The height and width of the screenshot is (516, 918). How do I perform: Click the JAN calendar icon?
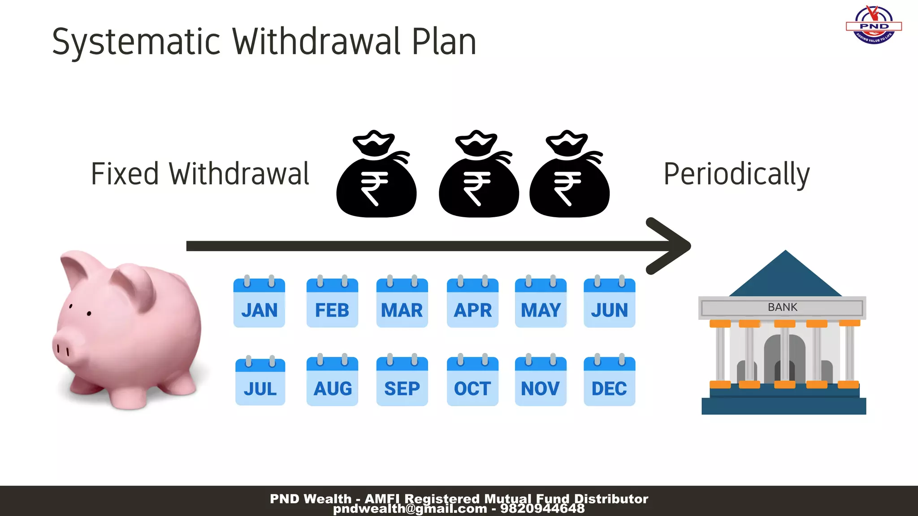(x=259, y=303)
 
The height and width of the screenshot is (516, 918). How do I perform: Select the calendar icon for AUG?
(x=332, y=381)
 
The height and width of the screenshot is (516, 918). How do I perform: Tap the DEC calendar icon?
(x=609, y=381)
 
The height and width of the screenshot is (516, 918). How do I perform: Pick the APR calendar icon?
(x=472, y=303)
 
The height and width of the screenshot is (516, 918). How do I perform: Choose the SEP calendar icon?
(x=402, y=381)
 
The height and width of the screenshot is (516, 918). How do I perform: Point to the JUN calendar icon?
(x=609, y=303)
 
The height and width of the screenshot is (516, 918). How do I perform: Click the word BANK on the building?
(x=782, y=307)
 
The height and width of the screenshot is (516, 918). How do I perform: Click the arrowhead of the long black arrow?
(x=670, y=246)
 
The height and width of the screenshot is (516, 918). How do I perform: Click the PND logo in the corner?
(x=874, y=25)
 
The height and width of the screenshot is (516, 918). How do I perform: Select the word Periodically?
(x=736, y=174)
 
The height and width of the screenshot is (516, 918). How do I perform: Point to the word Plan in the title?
(x=444, y=42)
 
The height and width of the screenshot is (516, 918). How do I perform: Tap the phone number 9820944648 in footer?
(x=542, y=509)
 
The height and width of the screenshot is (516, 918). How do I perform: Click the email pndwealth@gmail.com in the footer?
(x=410, y=509)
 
